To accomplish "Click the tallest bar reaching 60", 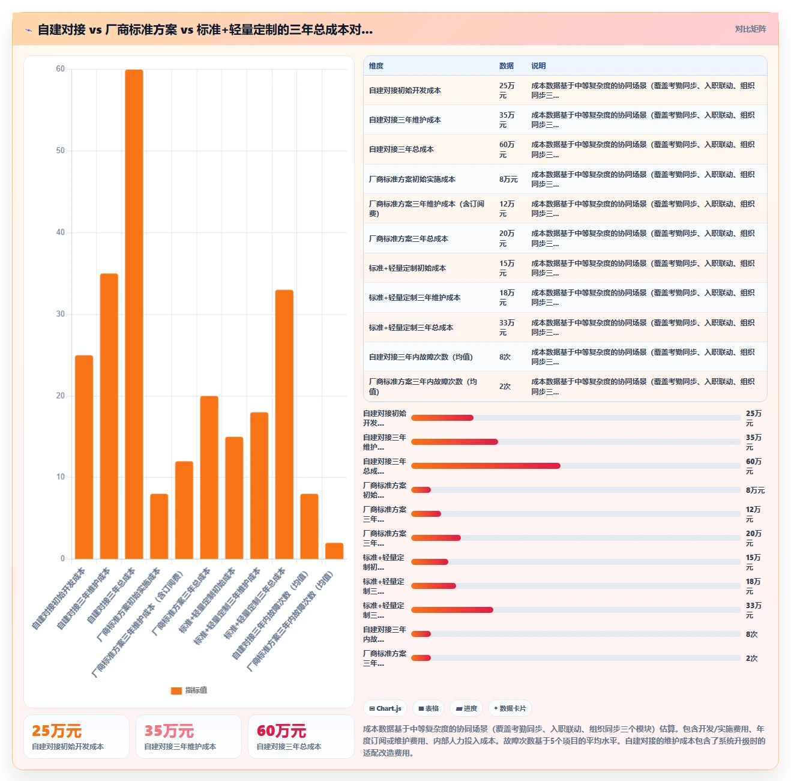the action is click(134, 314).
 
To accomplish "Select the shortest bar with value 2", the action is click(334, 550).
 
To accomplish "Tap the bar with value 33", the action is click(284, 424).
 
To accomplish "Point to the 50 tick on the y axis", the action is click(61, 150).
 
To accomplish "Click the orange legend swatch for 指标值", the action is click(176, 690).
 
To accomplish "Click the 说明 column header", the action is click(538, 65).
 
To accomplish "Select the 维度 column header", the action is click(376, 65).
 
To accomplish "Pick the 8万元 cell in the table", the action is click(508, 179).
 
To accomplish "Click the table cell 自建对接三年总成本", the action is click(401, 149).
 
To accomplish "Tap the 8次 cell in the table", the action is click(505, 357).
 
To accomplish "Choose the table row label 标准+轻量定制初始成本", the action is click(407, 268).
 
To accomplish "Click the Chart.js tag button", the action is click(385, 708).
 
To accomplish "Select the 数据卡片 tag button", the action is click(510, 708).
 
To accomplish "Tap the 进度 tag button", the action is click(466, 708).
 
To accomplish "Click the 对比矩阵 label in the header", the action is click(750, 29).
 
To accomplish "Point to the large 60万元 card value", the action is click(281, 731).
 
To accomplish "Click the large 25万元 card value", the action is click(56, 731).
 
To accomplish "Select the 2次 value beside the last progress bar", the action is click(751, 658).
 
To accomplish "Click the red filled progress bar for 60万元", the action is click(486, 466).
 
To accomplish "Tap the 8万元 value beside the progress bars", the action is click(755, 490).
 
